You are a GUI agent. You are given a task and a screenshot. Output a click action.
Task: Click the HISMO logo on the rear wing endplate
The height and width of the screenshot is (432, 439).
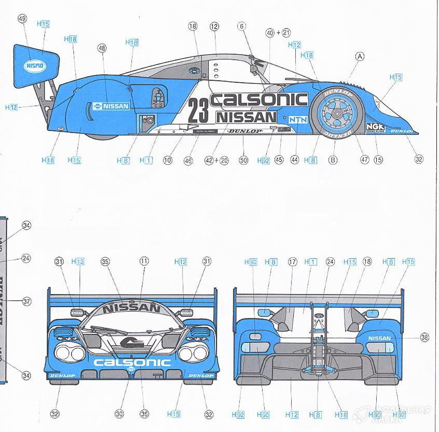pyautogui.click(x=35, y=66)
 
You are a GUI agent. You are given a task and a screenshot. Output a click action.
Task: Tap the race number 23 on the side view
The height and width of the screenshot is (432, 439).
pyautogui.click(x=198, y=110)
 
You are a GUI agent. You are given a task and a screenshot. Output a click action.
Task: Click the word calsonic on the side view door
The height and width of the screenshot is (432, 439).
pyautogui.click(x=259, y=99)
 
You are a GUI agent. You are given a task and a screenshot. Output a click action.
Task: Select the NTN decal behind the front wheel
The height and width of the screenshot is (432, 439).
pyautogui.click(x=298, y=119)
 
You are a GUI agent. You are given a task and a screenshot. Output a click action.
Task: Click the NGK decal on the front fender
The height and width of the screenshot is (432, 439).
pyautogui.click(x=375, y=127)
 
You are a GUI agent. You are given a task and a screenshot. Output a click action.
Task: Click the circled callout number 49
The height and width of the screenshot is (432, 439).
pyautogui.click(x=22, y=19)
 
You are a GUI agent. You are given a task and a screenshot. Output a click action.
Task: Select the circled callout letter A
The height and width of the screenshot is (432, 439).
pyautogui.click(x=360, y=57)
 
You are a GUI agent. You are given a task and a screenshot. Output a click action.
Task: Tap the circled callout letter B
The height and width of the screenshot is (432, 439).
pyautogui.click(x=333, y=160)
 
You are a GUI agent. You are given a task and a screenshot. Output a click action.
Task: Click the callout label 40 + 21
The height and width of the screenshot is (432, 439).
pyautogui.click(x=278, y=32)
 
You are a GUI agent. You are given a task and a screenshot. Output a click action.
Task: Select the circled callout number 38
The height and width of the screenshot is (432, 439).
pyautogui.click(x=424, y=338)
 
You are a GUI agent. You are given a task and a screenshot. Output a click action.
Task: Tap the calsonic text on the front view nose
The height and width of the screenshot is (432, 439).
pyautogui.click(x=132, y=363)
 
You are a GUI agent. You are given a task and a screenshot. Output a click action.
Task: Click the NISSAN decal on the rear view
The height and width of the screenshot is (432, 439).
pyautogui.click(x=379, y=338)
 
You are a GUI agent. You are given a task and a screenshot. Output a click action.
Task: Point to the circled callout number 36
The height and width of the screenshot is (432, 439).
pyautogui.click(x=144, y=414)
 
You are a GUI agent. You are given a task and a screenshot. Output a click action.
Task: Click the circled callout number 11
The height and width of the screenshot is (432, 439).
pyautogui.click(x=144, y=262)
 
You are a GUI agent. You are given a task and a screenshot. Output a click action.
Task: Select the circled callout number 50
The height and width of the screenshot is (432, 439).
pyautogui.click(x=243, y=160)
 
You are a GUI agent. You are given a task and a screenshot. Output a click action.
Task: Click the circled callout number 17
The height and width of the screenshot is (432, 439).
pyautogui.click(x=292, y=262)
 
